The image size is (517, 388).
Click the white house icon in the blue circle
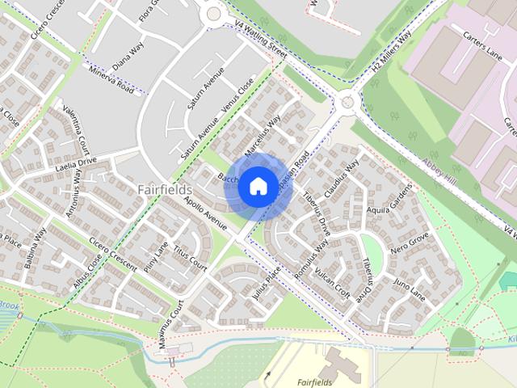point(257,187)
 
